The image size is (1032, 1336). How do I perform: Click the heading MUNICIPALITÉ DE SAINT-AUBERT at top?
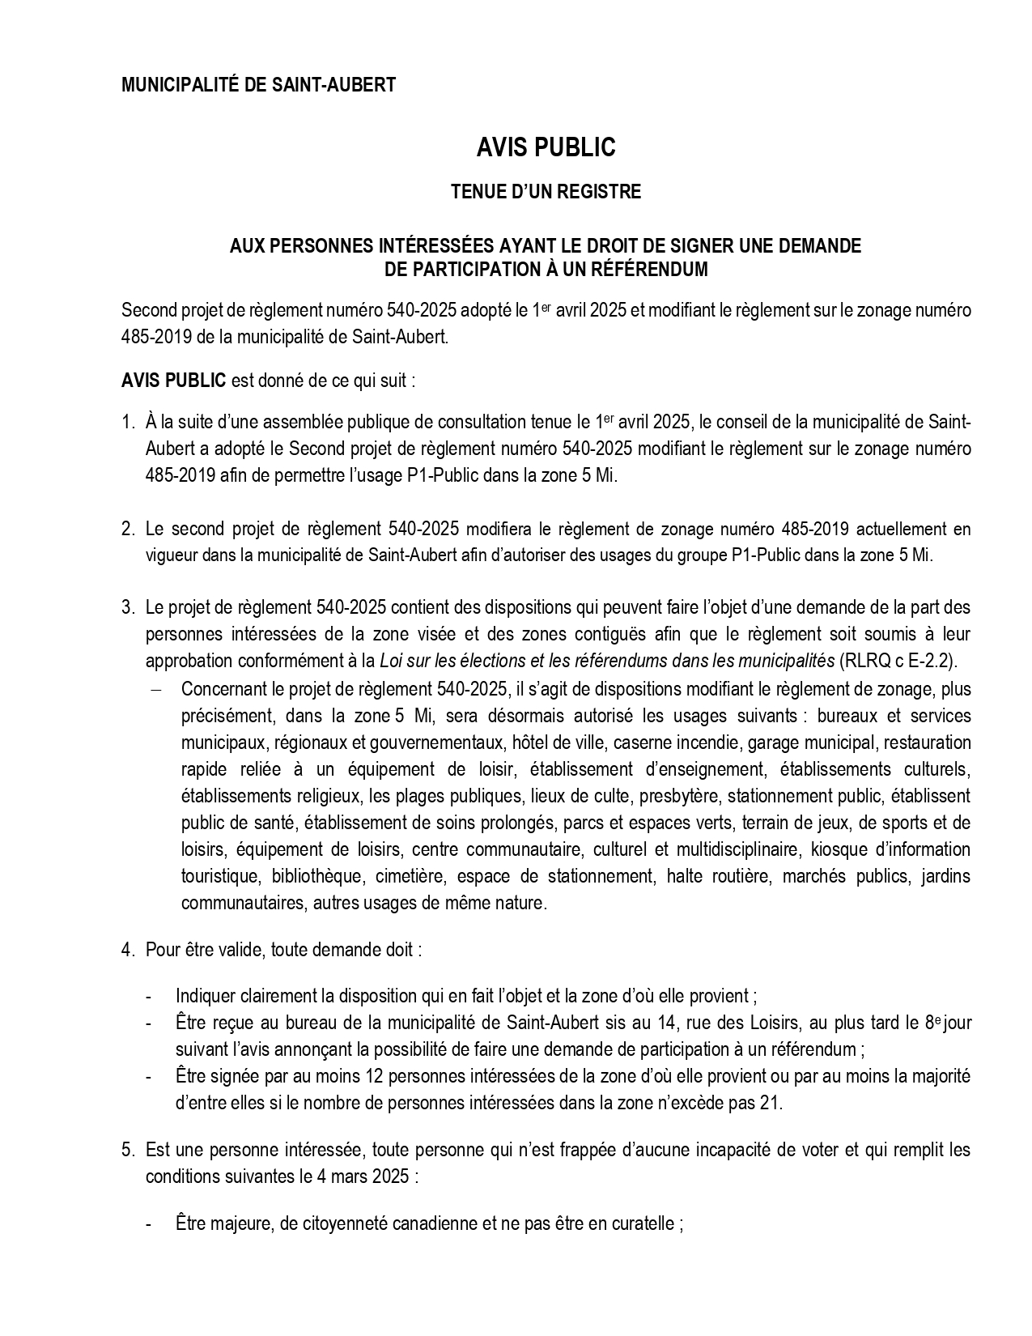258,85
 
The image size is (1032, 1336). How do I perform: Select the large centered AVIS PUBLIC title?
546,147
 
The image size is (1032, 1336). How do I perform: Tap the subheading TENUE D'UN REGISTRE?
546,192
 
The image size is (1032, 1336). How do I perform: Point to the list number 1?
127,422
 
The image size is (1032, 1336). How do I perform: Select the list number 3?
127,607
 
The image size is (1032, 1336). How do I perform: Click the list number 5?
127,1150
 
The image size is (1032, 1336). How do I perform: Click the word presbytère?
675,796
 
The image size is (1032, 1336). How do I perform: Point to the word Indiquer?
206,996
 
